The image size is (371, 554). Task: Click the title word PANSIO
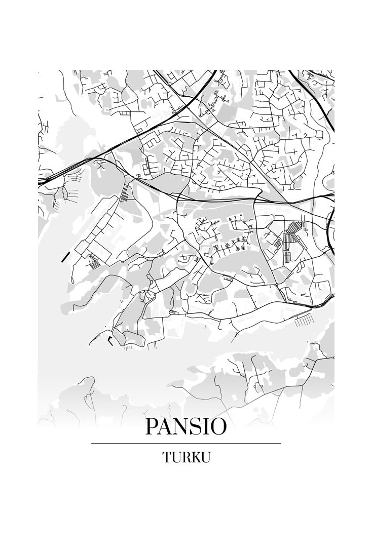[185, 426]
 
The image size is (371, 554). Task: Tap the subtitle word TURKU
[186, 457]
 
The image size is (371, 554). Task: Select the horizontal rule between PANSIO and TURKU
[185, 443]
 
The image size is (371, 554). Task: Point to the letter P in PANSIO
[152, 426]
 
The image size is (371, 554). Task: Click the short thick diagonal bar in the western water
[65, 256]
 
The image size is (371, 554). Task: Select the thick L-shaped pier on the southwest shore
[110, 341]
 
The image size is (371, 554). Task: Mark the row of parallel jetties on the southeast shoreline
[304, 320]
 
